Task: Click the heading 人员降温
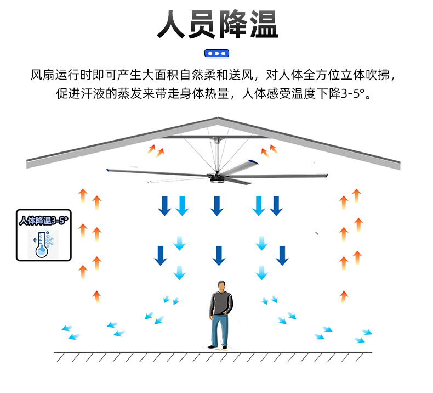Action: (217, 25)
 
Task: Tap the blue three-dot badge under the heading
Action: (217, 53)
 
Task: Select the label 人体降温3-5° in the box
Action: (43, 221)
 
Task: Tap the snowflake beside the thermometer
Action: (49, 241)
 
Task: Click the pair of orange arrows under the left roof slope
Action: (156, 150)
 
